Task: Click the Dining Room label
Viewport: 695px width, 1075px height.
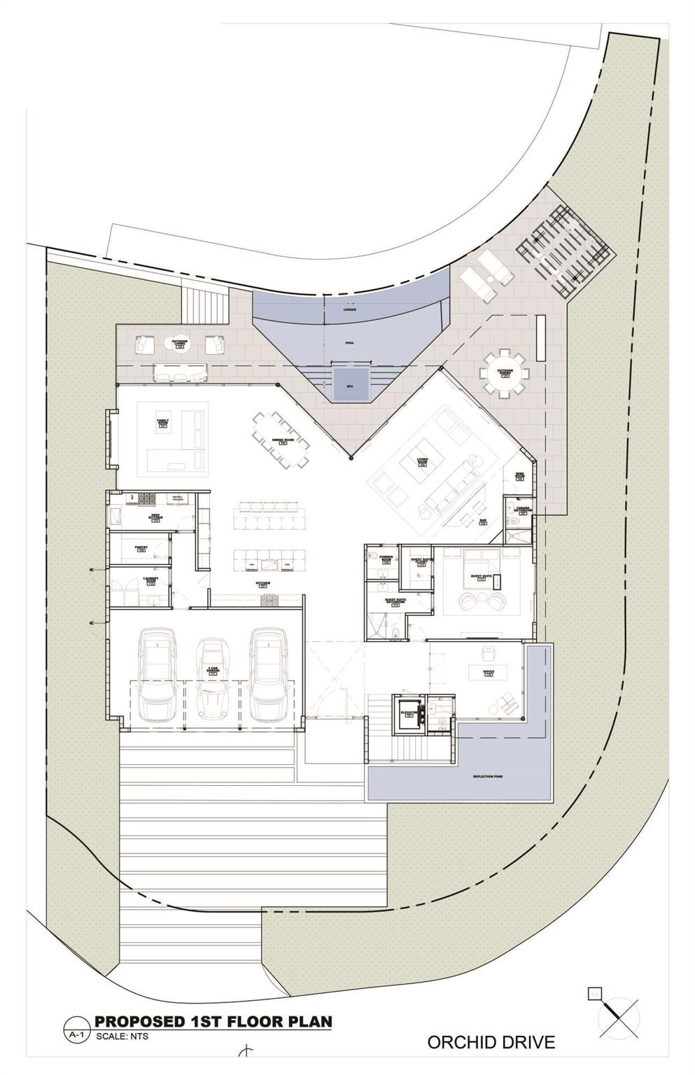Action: [282, 441]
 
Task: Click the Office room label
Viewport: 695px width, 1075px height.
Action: [489, 673]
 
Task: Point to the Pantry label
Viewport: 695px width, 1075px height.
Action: [140, 549]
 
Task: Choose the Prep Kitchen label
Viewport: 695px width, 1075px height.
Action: [156, 518]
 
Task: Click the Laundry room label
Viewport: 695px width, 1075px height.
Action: [151, 579]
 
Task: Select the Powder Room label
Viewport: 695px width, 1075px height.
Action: [386, 559]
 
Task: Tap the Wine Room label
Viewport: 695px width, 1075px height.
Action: [519, 477]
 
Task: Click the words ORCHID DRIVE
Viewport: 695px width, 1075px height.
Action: [491, 1042]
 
